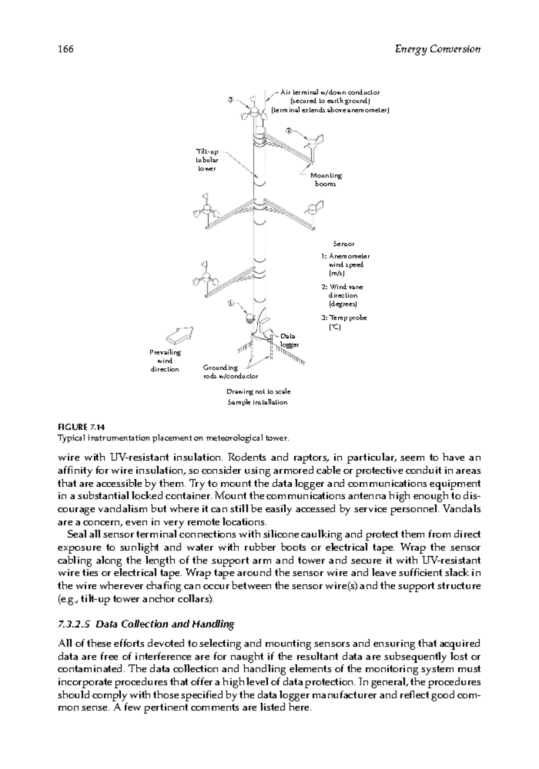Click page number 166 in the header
coord(66,49)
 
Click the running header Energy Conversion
coord(437,49)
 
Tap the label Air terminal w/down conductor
coord(330,92)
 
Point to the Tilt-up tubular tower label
coord(208,160)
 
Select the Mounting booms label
coord(326,179)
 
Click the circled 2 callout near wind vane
coord(289,131)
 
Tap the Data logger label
coord(288,340)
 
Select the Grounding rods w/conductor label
coord(230,372)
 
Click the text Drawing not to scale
coord(258,392)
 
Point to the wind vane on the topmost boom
coord(314,142)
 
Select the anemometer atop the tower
coord(252,110)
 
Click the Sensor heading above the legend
coord(344,244)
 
